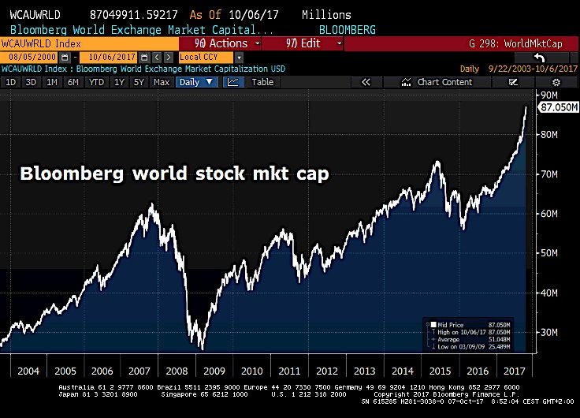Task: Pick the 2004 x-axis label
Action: click(29, 371)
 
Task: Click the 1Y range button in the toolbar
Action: click(120, 82)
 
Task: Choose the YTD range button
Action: click(96, 82)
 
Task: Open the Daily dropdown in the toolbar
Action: click(195, 82)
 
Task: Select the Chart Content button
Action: click(438, 82)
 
